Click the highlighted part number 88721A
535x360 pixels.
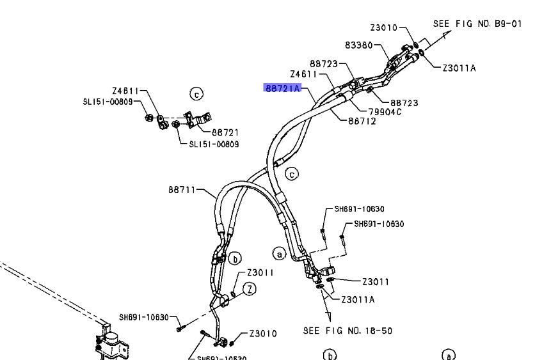(282, 88)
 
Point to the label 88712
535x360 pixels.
(362, 121)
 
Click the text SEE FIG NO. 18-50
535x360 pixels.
(347, 331)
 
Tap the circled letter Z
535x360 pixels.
(248, 288)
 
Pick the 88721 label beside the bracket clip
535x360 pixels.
(225, 132)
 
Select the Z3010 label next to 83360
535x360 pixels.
(384, 27)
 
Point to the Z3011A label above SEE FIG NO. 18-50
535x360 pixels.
(358, 299)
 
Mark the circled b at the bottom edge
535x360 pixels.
(329, 355)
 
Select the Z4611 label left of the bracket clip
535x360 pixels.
(125, 91)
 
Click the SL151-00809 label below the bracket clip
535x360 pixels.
(214, 145)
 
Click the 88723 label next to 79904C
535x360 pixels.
(404, 102)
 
